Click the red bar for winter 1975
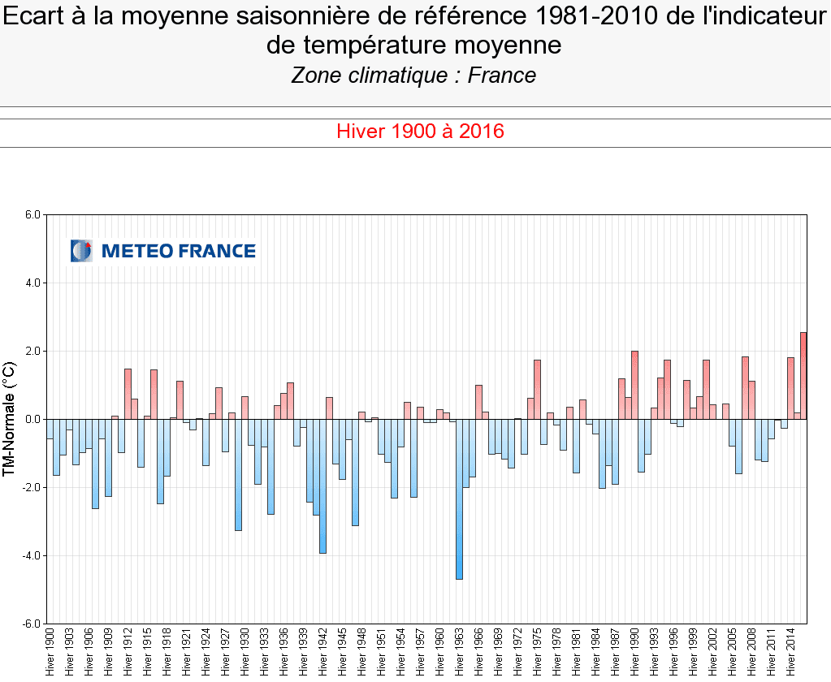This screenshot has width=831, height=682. pos(537,390)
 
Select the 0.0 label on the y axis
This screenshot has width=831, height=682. pos(32,420)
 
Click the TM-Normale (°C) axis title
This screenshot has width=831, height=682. pos(10,419)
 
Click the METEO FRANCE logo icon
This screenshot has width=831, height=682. pos(81,251)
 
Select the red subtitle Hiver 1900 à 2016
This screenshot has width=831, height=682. pos(421,131)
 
